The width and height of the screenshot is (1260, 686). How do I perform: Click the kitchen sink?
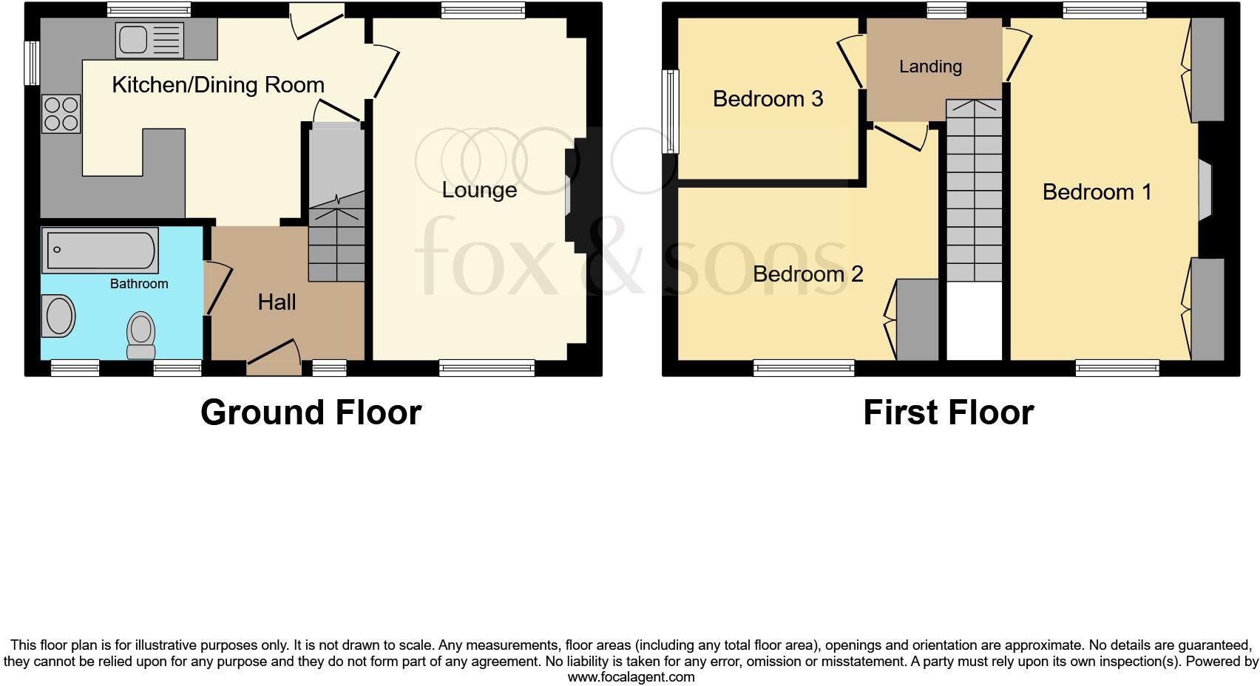click(x=149, y=39)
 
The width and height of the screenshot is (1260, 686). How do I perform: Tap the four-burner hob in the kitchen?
click(x=61, y=114)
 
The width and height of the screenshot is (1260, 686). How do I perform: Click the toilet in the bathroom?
click(x=140, y=334)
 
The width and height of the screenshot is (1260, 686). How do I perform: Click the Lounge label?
click(x=479, y=190)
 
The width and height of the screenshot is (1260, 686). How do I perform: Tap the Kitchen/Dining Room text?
click(x=218, y=85)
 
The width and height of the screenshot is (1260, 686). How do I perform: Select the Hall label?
click(x=277, y=302)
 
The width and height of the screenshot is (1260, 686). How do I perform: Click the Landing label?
click(x=930, y=67)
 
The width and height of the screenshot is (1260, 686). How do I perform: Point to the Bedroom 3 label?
click(x=768, y=99)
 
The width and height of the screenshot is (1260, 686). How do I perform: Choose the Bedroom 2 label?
click(x=807, y=274)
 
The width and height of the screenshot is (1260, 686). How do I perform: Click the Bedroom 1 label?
click(x=1097, y=192)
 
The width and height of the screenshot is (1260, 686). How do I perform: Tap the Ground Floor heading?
click(x=311, y=412)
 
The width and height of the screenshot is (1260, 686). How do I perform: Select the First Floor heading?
click(x=948, y=412)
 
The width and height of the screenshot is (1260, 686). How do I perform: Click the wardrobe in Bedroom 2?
click(x=918, y=319)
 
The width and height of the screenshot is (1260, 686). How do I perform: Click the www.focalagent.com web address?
click(x=631, y=677)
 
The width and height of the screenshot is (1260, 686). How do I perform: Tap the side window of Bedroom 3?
click(x=671, y=112)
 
